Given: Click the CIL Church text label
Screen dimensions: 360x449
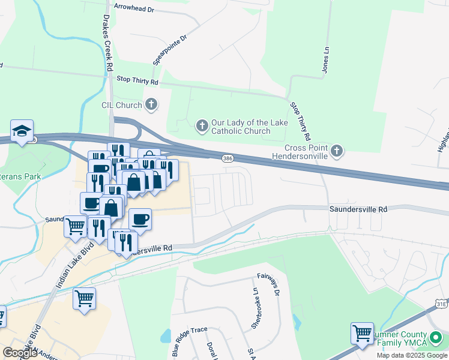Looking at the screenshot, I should pos(121,105).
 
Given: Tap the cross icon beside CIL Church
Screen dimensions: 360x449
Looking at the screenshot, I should pos(151,105).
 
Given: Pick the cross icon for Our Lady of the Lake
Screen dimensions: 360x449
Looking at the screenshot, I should pos(202,126).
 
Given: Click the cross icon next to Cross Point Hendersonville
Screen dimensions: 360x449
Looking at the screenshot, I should pos(337,151).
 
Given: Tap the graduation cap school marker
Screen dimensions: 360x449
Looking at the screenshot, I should pos(22,131).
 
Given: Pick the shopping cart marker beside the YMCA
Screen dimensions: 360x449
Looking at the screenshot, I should pos(362,333).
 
